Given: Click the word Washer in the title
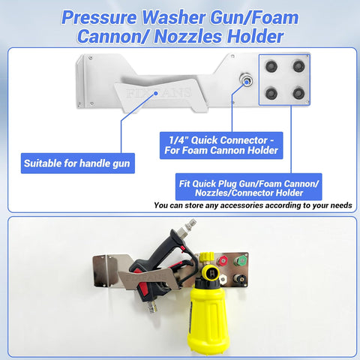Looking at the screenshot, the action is pyautogui.click(x=174, y=17).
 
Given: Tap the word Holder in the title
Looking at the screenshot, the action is pyautogui.click(x=255, y=37).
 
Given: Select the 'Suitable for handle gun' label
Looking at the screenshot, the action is pyautogui.click(x=78, y=163).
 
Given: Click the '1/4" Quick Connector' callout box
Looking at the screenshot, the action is pyautogui.click(x=221, y=145).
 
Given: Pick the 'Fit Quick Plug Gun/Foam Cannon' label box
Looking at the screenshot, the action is pyautogui.click(x=248, y=187).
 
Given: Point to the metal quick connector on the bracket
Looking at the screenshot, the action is pyautogui.click(x=246, y=80).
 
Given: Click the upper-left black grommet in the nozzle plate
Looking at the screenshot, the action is pyautogui.click(x=271, y=67).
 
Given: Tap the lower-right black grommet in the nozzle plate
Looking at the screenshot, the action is pyautogui.click(x=298, y=93).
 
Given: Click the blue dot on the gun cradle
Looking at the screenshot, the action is pyautogui.click(x=156, y=93).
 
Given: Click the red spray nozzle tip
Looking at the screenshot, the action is pyautogui.click(x=222, y=261).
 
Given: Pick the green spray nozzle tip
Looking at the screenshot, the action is pyautogui.click(x=240, y=260).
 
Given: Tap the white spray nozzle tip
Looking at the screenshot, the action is pyautogui.click(x=223, y=278).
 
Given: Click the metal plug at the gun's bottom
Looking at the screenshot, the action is pyautogui.click(x=152, y=307).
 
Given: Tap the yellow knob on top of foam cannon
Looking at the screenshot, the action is pyautogui.click(x=207, y=257).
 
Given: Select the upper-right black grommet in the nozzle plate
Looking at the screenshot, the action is pyautogui.click(x=298, y=66).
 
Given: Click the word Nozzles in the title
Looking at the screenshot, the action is pyautogui.click(x=188, y=37).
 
